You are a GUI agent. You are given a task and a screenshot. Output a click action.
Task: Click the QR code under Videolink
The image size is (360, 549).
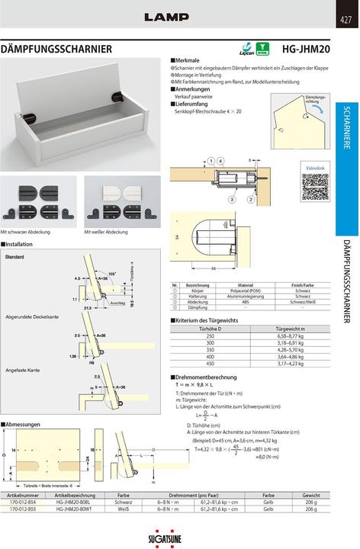[314, 188]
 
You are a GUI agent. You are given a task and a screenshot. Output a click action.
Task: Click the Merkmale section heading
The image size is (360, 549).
[187, 59]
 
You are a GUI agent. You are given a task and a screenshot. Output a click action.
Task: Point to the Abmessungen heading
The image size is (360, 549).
[21, 424]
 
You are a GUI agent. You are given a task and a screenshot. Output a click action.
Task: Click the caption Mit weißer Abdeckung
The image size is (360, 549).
[106, 231]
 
